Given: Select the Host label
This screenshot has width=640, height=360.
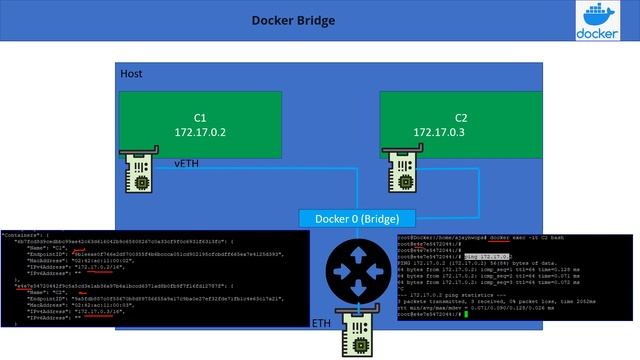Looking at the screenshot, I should [131, 74].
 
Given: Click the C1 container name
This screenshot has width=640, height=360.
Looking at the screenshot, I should [199, 117].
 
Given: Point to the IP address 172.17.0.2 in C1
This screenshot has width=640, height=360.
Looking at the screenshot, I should [199, 132].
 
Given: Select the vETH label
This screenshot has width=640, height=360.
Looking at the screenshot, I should [188, 162].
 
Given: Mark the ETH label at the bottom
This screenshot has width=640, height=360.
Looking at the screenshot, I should [321, 324].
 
